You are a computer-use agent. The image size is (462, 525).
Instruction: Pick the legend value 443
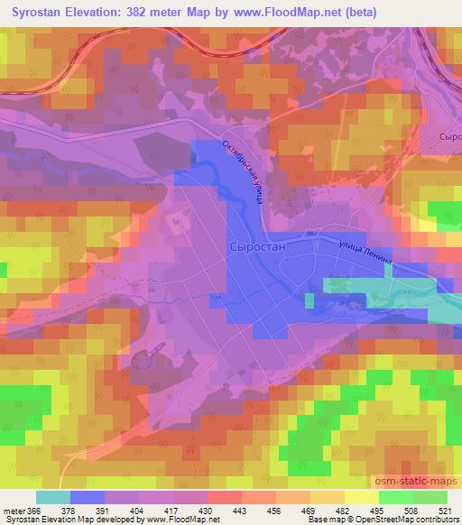(241, 511)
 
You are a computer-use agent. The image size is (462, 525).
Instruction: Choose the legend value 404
(139, 511)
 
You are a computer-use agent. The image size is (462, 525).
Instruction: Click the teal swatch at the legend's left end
(53, 497)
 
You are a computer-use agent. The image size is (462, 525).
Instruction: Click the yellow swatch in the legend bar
(361, 497)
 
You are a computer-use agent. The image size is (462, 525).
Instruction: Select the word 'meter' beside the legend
(13, 511)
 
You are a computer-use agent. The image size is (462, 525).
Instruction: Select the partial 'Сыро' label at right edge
(449, 135)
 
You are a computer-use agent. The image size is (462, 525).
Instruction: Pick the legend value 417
(173, 511)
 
